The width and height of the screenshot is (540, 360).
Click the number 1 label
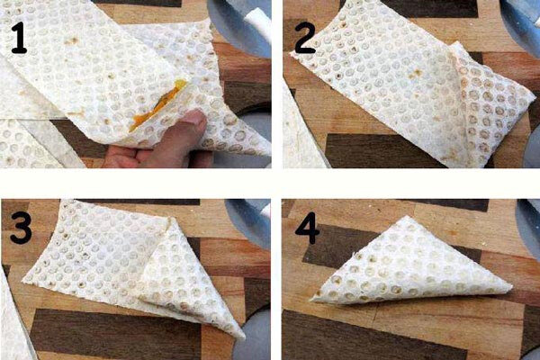[x=19, y=38]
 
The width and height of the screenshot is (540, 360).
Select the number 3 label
[x=21, y=228]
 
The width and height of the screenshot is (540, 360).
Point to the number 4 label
[x=308, y=229]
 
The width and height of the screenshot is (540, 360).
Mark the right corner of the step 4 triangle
[x=512, y=287]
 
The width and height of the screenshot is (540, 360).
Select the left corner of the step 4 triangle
[x=311, y=301]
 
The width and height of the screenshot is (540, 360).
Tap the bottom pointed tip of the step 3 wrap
[x=242, y=337]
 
